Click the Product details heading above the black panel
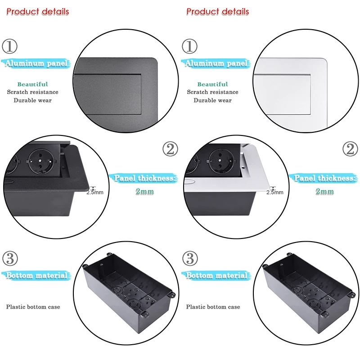pos(37,11)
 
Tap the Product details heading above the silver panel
pos(217,11)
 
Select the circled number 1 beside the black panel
pos(10,45)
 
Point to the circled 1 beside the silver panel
pos(190,45)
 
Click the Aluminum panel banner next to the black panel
pos(36,63)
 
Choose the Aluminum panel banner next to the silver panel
pos(216,63)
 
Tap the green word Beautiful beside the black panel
pos(32,84)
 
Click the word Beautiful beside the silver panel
pos(212,84)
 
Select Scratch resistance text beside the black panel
pos(32,92)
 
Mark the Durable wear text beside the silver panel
pos(212,100)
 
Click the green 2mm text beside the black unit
pos(145,191)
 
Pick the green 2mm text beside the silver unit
pos(325,191)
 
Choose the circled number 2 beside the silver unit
pos(350,149)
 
